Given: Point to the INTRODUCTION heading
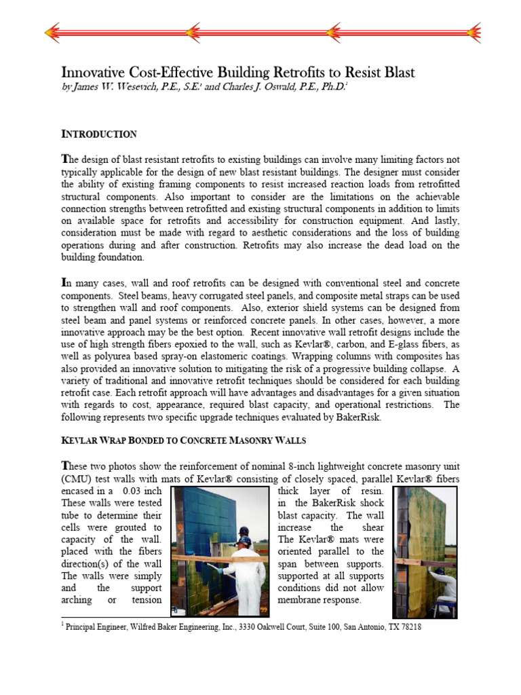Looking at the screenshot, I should [x=99, y=134].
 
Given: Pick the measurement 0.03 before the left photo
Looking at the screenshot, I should [x=136, y=491].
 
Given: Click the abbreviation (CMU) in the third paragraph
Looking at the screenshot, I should [x=78, y=478].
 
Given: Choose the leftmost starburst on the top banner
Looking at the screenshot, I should [x=60, y=31].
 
